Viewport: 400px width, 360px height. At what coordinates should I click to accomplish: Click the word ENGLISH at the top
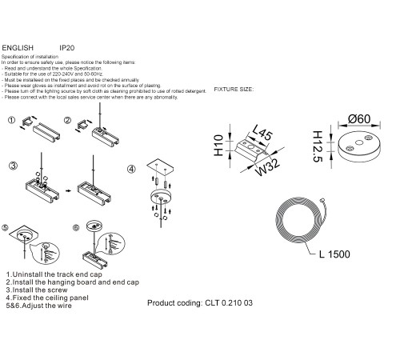tap(19, 46)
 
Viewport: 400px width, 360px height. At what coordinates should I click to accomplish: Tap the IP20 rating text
tap(67, 46)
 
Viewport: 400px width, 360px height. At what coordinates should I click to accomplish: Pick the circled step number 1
tap(13, 121)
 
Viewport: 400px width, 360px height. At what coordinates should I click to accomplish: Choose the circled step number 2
tap(70, 121)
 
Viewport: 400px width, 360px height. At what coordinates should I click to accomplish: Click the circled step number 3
tap(13, 166)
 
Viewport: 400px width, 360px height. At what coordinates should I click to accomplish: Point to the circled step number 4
tap(132, 169)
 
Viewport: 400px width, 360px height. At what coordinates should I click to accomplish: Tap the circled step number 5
tap(7, 227)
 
